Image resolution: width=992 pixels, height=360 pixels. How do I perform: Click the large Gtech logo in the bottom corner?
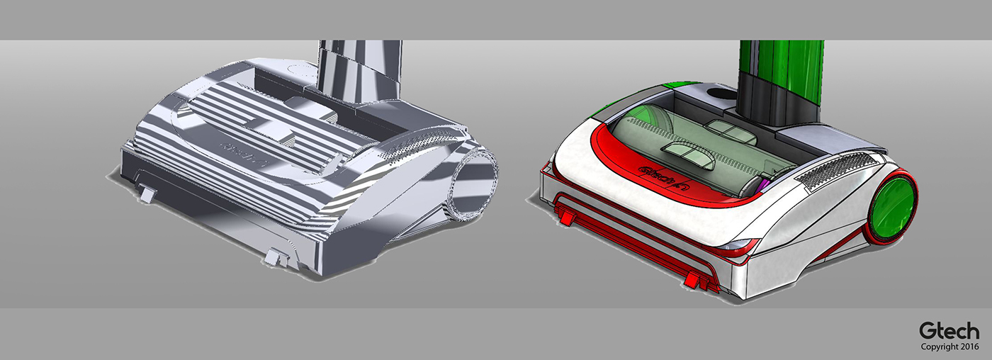pos(949,330)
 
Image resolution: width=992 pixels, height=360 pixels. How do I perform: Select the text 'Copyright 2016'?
pos(949,347)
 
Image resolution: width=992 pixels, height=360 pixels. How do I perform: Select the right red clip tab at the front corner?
pos(698,281)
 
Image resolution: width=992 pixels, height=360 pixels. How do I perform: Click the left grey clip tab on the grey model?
pos(147,193)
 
